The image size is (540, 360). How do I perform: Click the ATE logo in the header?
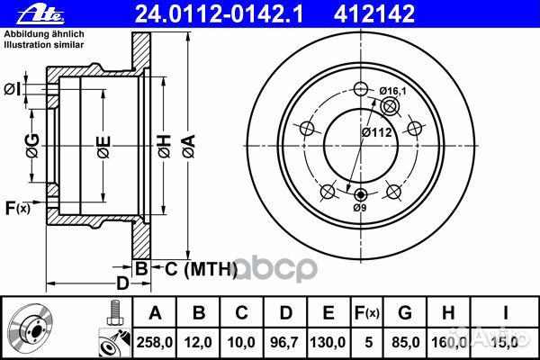click(x=40, y=13)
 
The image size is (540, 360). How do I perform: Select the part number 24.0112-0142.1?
click(x=219, y=14)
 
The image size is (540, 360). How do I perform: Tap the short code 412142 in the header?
click(x=374, y=14)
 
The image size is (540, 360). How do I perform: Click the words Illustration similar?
click(x=44, y=45)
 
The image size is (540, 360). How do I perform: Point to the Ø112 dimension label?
click(x=377, y=132)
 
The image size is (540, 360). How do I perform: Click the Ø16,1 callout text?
click(x=393, y=91)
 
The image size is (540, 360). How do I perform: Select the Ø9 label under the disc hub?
click(x=360, y=208)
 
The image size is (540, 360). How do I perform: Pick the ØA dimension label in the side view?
click(x=189, y=147)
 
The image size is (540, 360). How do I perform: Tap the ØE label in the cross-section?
click(x=103, y=147)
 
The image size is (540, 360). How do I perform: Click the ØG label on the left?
click(x=32, y=146)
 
